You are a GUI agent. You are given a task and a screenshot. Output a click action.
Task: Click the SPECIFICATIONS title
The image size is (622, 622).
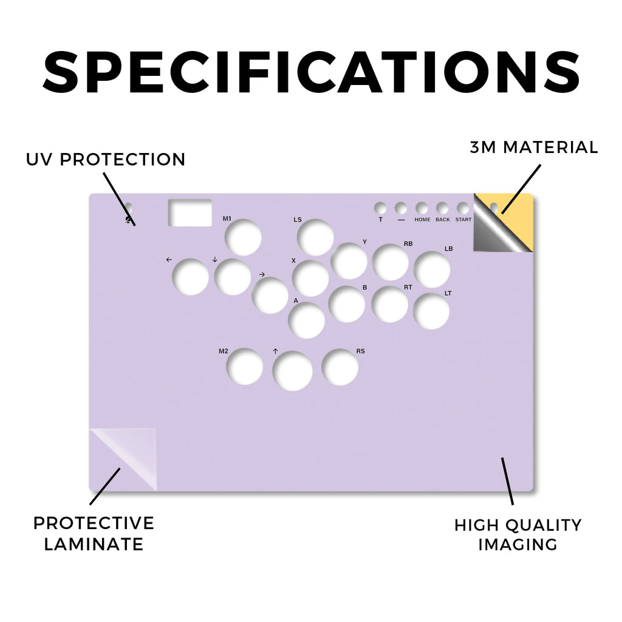pyautogui.click(x=312, y=73)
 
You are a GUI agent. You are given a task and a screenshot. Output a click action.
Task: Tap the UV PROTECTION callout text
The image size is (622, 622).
pyautogui.click(x=106, y=160)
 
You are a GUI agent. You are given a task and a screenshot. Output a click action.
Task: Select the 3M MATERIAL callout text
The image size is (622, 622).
pyautogui.click(x=534, y=148)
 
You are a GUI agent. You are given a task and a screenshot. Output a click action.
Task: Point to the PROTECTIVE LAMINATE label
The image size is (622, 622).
pyautogui.click(x=94, y=533)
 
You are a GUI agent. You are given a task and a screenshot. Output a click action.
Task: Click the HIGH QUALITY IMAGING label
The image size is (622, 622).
pyautogui.click(x=518, y=535)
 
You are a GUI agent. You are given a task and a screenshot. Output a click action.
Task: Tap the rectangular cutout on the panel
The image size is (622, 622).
pyautogui.click(x=190, y=213)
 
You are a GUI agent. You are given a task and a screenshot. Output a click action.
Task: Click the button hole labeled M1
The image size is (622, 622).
pyautogui.click(x=243, y=238)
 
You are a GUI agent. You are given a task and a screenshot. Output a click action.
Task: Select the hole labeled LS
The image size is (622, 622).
pyautogui.click(x=315, y=238)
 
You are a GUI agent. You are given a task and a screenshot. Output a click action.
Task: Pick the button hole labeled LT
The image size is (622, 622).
pyautogui.click(x=431, y=311)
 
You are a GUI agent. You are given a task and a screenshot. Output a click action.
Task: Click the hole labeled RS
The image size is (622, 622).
pyautogui.click(x=340, y=367)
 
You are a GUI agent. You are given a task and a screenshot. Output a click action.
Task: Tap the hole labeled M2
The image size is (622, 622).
pyautogui.click(x=244, y=366)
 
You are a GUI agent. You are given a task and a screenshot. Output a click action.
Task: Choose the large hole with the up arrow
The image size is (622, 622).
pyautogui.click(x=292, y=371)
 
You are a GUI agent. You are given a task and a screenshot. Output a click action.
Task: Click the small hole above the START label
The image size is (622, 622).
pyautogui.click(x=462, y=208)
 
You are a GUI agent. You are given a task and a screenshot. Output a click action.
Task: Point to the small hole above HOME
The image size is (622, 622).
pyautogui.click(x=422, y=208)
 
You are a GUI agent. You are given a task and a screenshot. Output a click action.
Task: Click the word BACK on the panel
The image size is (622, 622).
pyautogui.click(x=443, y=219)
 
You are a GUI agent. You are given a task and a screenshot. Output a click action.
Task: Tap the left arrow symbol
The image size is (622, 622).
pyautogui.click(x=169, y=260)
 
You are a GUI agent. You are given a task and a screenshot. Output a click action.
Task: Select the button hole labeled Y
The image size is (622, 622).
pyautogui.click(x=349, y=261)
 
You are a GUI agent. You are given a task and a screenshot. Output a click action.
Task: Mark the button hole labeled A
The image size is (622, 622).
pyautogui.click(x=307, y=320)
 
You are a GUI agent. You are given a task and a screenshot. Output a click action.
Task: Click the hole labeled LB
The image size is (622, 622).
pyautogui.click(x=432, y=269)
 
